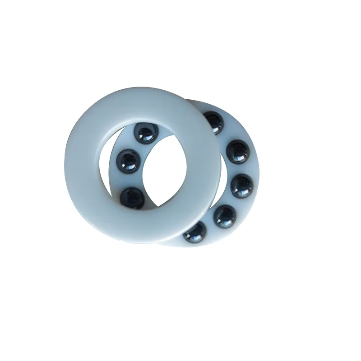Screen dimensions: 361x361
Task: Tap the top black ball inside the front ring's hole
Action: point(145,133)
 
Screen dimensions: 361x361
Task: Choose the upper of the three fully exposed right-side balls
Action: point(238,151)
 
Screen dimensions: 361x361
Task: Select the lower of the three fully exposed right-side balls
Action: point(224,215)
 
